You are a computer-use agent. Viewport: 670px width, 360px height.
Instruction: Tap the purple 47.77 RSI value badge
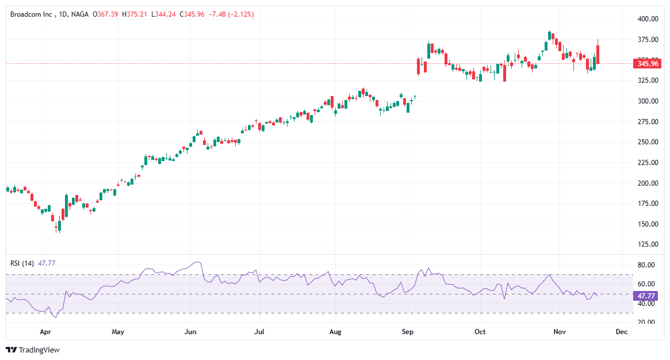pos(644,296)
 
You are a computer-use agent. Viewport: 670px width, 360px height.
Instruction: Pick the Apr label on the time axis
pos(46,332)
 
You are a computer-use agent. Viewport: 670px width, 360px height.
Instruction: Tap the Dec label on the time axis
pos(621,332)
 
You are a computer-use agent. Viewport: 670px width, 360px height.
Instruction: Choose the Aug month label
pos(336,332)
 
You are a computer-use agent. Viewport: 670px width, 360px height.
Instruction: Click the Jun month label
pos(190,332)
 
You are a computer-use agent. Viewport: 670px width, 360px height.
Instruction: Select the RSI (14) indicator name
pos(22,263)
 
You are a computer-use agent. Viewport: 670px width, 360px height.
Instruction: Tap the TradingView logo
pos(33,350)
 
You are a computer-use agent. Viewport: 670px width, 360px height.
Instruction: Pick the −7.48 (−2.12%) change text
pos(230,14)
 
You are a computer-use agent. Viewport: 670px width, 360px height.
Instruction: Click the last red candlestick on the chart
pos(598,51)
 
